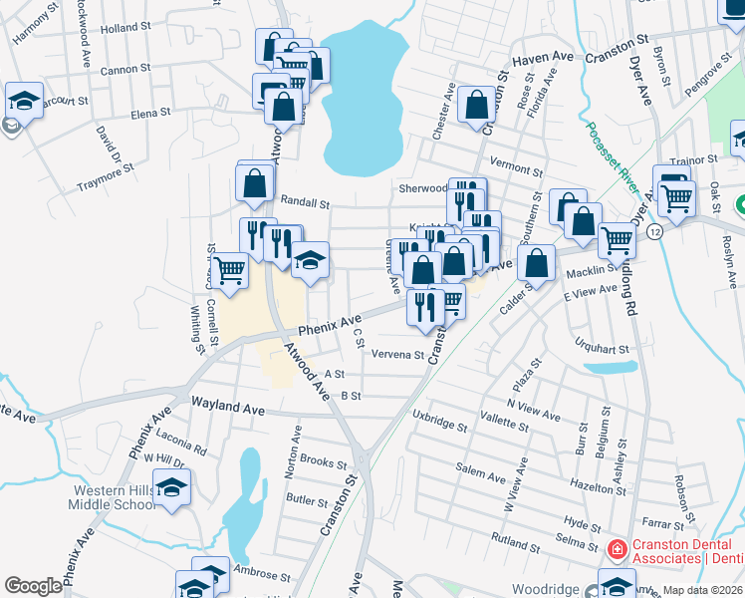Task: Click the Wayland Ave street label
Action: point(228,410)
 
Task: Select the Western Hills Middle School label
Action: point(112,497)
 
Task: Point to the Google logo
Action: point(33,586)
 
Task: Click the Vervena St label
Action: point(398,355)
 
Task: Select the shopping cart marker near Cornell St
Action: point(230,268)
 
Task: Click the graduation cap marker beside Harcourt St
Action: point(23,100)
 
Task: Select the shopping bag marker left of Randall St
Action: point(255,182)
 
